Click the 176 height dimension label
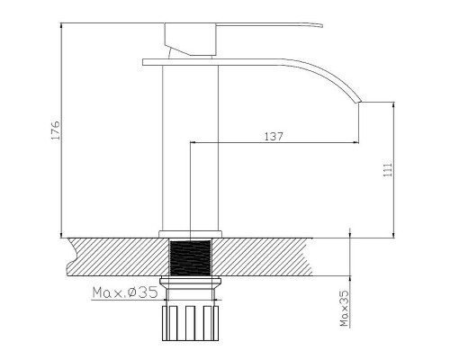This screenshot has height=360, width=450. tap(56, 130)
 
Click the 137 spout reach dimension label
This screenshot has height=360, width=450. tap(274, 137)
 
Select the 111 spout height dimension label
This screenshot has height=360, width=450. tap(388, 170)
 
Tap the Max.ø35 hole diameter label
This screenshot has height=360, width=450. tap(125, 292)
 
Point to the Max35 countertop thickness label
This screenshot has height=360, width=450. tap(345, 308)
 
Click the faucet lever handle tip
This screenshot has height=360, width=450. tap(321, 25)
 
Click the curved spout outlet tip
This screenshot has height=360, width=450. tap(359, 101)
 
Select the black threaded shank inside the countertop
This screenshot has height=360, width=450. tap(191, 257)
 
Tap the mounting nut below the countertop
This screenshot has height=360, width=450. tap(191, 283)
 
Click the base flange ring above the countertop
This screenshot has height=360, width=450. tap(191, 234)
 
